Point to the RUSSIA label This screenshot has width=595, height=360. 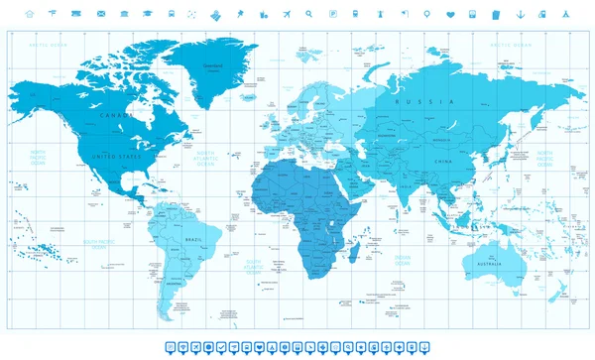409,102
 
